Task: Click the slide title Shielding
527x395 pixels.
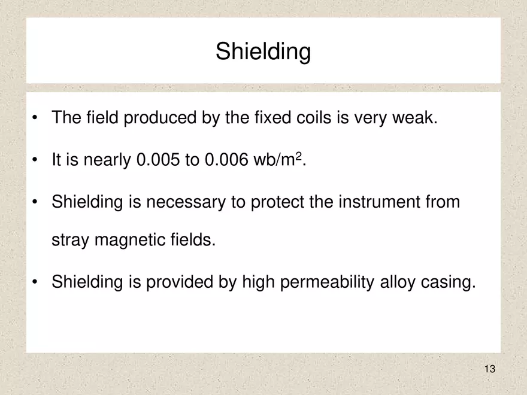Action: [263, 52]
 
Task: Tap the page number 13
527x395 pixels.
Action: [490, 369]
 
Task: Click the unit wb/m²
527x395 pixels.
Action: [279, 160]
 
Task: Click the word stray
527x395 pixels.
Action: [71, 241]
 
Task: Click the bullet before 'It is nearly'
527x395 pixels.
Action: [37, 160]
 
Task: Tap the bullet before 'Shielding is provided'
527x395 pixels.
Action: [37, 281]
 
